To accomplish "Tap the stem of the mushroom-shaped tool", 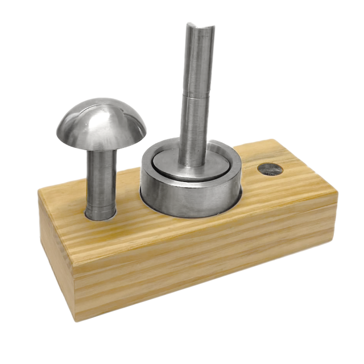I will tap(102, 176).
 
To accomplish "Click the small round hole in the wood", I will tap(270, 169).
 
